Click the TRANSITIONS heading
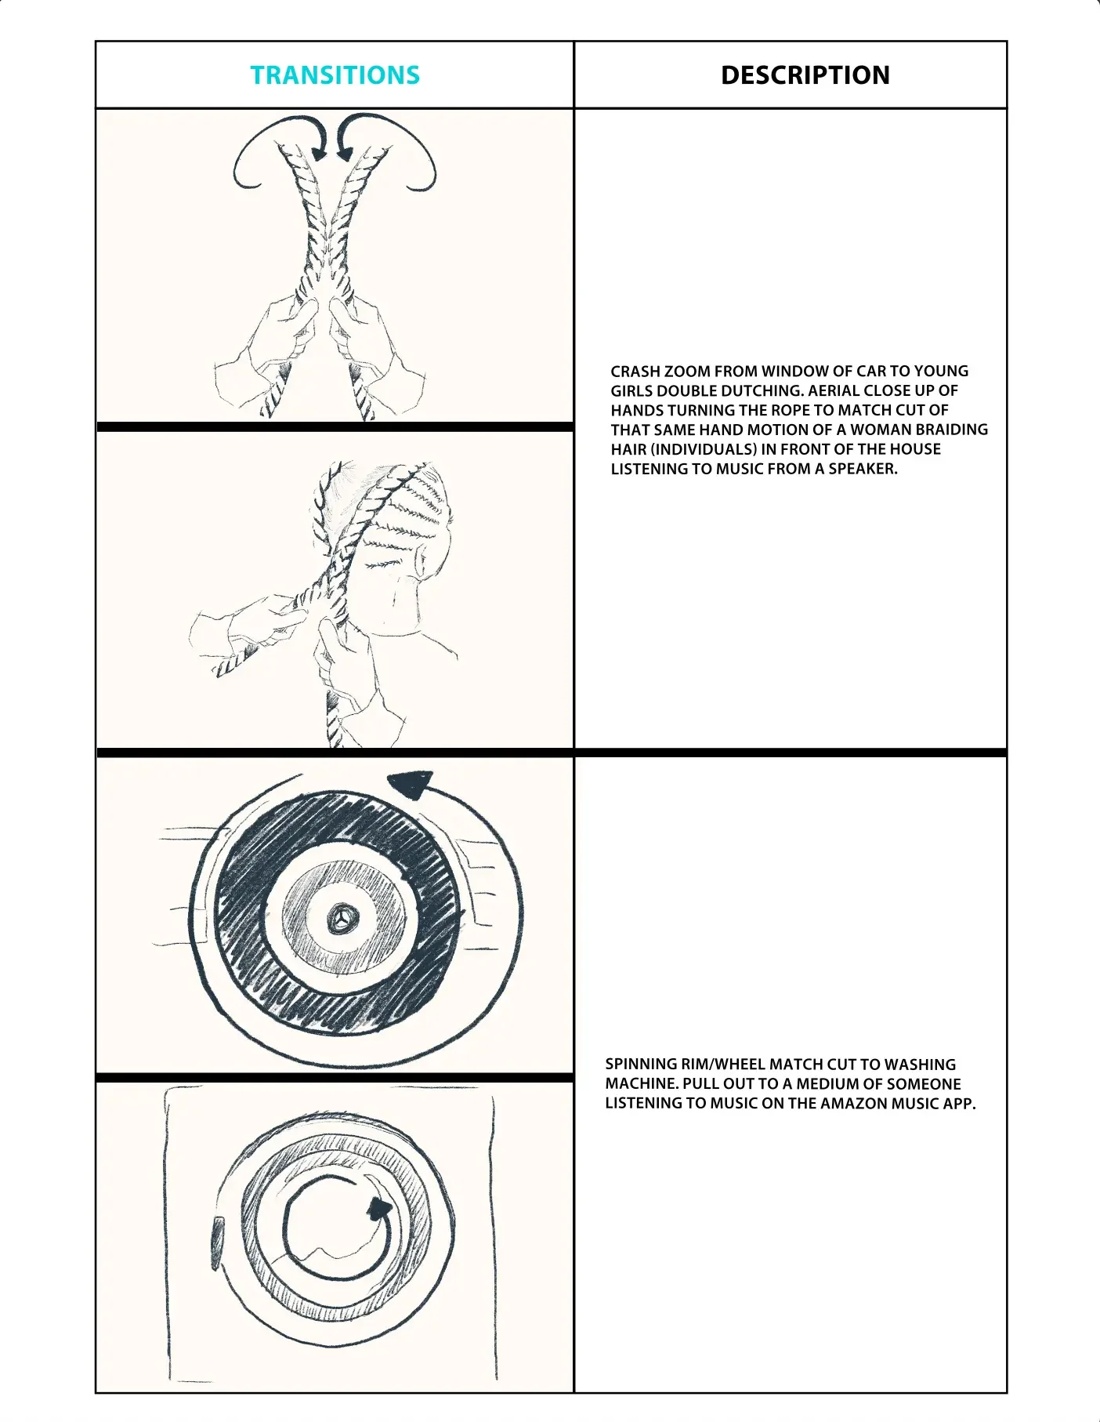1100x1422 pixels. pyautogui.click(x=335, y=75)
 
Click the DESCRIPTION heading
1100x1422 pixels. pyautogui.click(x=805, y=75)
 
